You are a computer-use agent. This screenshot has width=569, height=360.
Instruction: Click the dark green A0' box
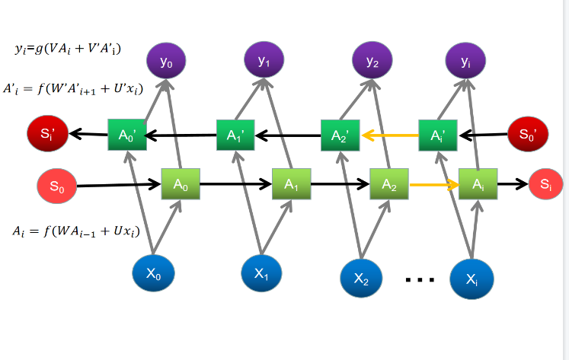point(126,135)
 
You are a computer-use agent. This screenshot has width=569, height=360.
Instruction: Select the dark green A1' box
point(235,135)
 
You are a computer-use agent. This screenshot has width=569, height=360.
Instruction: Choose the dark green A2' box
point(340,135)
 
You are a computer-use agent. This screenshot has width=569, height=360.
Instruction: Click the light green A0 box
point(181,183)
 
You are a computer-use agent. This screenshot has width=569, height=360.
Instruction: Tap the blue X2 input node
point(362,279)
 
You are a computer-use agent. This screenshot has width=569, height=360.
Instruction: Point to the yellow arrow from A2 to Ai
point(434,184)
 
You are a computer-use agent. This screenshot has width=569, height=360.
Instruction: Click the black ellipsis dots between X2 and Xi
point(420,280)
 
